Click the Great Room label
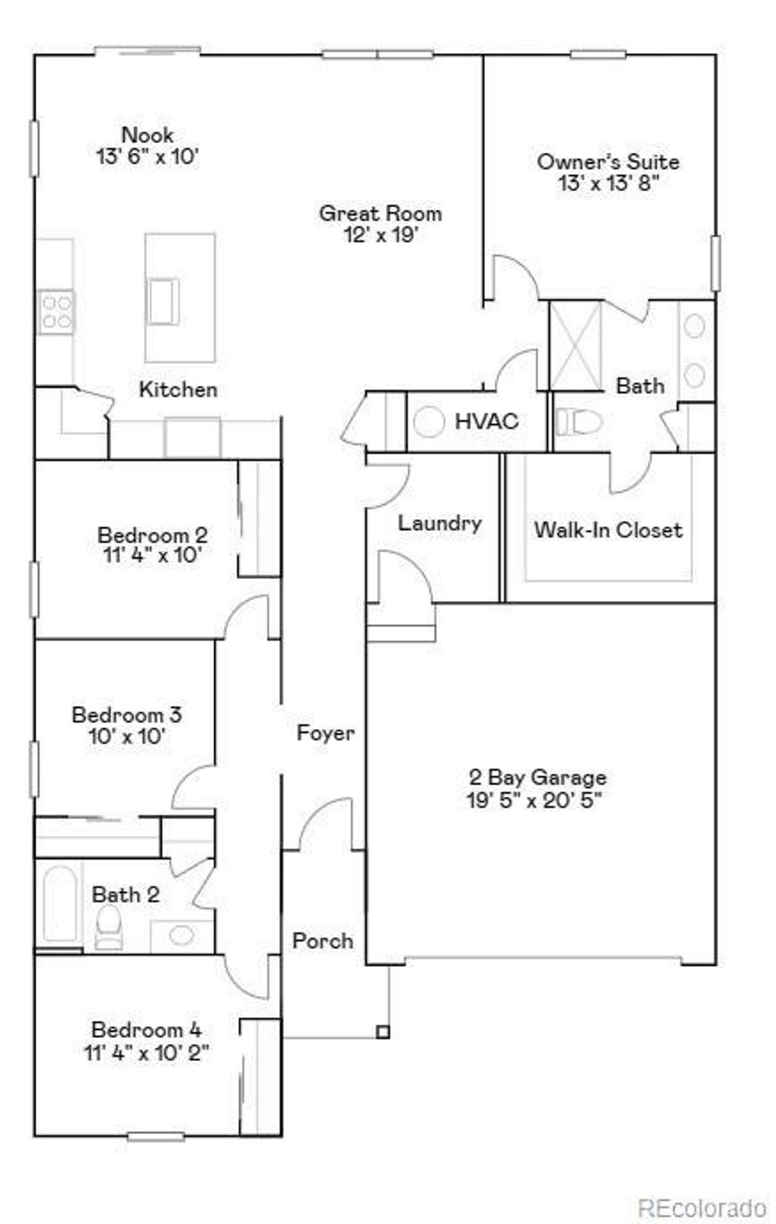[380, 213]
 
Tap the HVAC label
[486, 421]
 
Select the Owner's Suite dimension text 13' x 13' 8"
[608, 182]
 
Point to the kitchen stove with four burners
[56, 311]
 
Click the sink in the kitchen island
[164, 301]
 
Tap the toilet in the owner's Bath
[578, 422]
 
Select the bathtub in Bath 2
[59, 903]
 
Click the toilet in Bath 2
[109, 926]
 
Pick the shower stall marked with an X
[575, 345]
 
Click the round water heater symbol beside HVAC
[429, 422]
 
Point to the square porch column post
[382, 1031]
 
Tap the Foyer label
[325, 733]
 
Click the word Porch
[323, 940]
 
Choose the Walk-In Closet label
[608, 530]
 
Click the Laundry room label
[440, 523]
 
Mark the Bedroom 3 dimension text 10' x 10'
[127, 736]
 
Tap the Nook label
[147, 135]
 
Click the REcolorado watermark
[702, 1192]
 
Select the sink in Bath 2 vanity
[181, 936]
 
